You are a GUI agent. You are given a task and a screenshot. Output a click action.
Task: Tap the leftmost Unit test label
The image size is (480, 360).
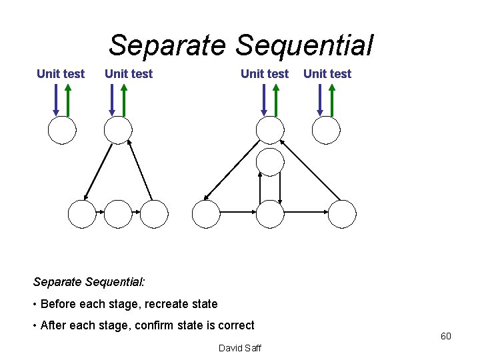pyautogui.click(x=61, y=74)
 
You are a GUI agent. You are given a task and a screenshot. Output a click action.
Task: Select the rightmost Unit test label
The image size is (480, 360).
pyautogui.click(x=327, y=74)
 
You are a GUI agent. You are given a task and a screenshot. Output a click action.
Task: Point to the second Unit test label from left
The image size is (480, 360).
pyautogui.click(x=129, y=74)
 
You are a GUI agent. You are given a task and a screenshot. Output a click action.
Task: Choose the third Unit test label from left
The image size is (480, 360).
pyautogui.click(x=265, y=74)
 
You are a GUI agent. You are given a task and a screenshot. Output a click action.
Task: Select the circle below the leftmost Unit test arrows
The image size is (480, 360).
pyautogui.click(x=61, y=131)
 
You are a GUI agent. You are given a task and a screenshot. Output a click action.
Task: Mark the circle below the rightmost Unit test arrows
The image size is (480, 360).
pyautogui.click(x=327, y=131)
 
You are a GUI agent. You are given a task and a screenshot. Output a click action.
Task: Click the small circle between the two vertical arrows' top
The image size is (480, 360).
pyautogui.click(x=270, y=161)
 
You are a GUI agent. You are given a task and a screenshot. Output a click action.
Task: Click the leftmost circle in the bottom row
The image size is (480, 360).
pyautogui.click(x=82, y=214)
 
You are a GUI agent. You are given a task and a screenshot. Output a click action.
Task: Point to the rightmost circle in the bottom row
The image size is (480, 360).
pyautogui.click(x=343, y=214)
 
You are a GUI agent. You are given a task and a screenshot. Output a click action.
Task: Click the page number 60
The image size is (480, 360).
pyautogui.click(x=445, y=336)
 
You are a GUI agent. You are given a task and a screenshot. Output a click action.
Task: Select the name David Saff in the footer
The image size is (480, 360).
pyautogui.click(x=240, y=348)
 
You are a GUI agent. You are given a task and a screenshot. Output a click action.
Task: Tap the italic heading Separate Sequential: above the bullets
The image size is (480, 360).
pyautogui.click(x=88, y=282)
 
